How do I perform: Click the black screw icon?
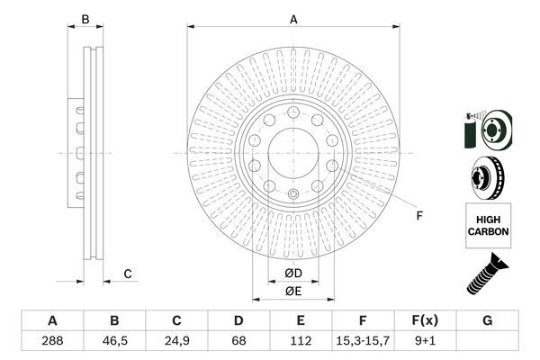pyautogui.click(x=486, y=274)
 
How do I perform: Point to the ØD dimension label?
pyautogui.click(x=292, y=273)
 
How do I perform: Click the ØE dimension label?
pyautogui.click(x=292, y=291)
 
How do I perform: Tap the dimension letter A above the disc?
pyautogui.click(x=292, y=19)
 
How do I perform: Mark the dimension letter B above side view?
pyautogui.click(x=85, y=19)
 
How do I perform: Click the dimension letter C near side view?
pyautogui.click(x=128, y=274)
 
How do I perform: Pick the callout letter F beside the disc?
pyautogui.click(x=418, y=214)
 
